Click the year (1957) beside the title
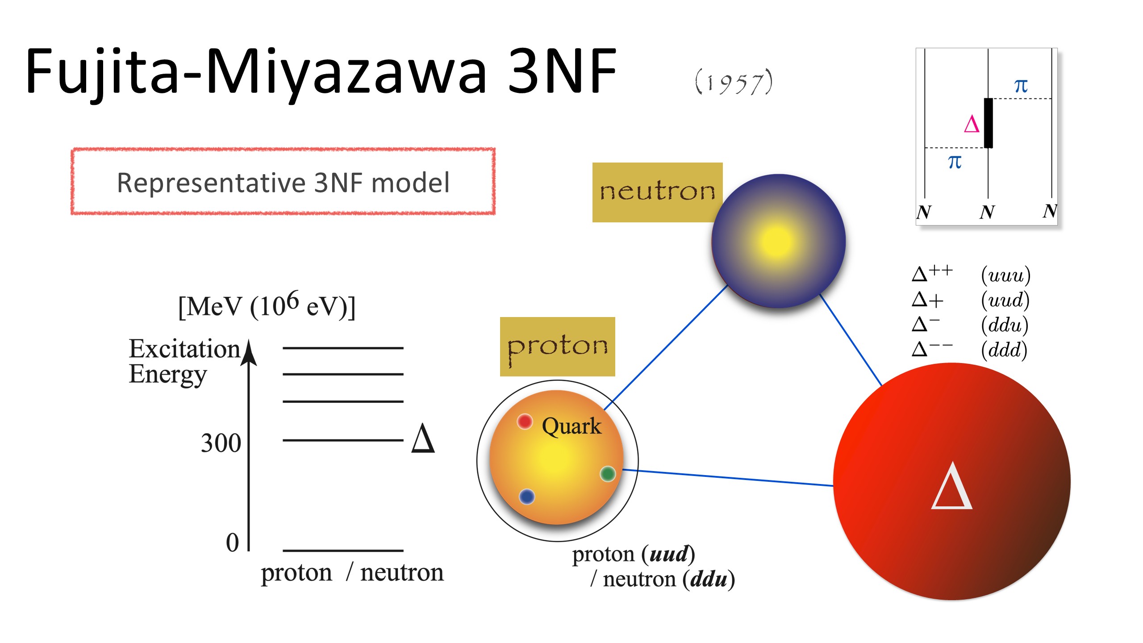tap(734, 82)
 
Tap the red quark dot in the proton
tap(525, 422)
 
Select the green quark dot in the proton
tap(608, 474)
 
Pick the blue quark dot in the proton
tap(527, 497)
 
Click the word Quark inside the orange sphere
tap(571, 426)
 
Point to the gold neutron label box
tap(657, 192)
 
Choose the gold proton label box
tap(557, 347)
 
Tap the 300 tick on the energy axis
tap(221, 443)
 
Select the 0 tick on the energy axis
tap(233, 543)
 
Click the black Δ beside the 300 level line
tap(423, 438)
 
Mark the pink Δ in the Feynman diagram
tap(972, 124)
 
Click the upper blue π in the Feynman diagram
tap(1021, 86)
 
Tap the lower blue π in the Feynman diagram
tap(955, 162)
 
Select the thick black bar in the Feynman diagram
tap(989, 123)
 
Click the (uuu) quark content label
tap(1005, 275)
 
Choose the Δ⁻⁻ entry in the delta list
tap(932, 349)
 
